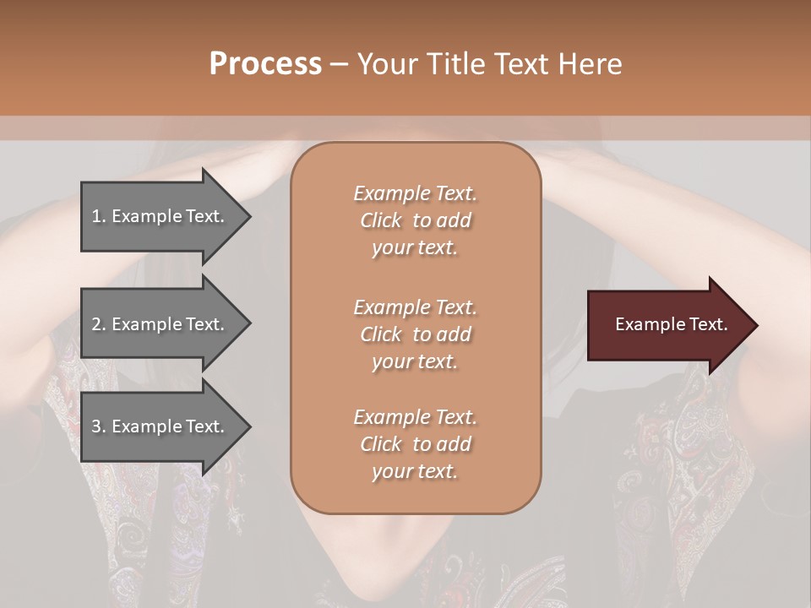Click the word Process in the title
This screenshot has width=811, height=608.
click(x=265, y=63)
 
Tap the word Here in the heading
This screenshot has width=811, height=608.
click(x=591, y=63)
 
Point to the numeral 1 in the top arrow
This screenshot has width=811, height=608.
click(x=96, y=216)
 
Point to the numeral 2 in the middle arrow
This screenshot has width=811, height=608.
click(x=96, y=324)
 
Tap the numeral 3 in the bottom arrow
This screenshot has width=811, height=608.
click(x=96, y=426)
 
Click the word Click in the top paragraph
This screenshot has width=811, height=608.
click(x=381, y=220)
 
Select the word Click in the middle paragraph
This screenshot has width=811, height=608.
click(x=381, y=334)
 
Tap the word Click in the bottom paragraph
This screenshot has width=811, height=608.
click(x=381, y=444)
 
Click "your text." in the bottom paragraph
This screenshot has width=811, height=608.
click(x=415, y=472)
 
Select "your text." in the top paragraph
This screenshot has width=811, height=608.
click(x=415, y=248)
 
